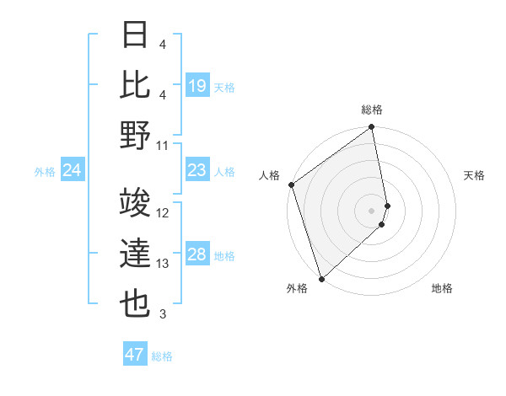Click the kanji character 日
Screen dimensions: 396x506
point(137,36)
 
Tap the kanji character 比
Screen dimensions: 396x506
point(137,85)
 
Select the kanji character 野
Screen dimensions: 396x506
point(137,135)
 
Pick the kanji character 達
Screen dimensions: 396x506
point(137,254)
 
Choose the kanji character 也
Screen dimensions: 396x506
point(137,304)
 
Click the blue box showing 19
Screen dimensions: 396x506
point(196,86)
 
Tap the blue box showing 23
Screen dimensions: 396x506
point(196,171)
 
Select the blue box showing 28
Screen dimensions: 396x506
point(196,255)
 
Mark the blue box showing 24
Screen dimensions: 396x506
point(72,171)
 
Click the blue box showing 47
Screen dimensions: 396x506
point(134,355)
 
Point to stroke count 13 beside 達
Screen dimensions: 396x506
point(163,264)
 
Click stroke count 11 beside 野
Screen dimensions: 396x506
point(163,145)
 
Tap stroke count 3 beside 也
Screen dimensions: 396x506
point(163,314)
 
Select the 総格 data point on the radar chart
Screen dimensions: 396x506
point(372,128)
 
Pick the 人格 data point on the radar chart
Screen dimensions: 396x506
point(291,185)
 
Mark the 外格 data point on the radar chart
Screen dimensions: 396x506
point(321,278)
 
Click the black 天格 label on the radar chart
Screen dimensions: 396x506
point(475,175)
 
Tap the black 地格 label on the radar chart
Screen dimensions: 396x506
point(442,289)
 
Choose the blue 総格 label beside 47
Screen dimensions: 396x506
point(162,356)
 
